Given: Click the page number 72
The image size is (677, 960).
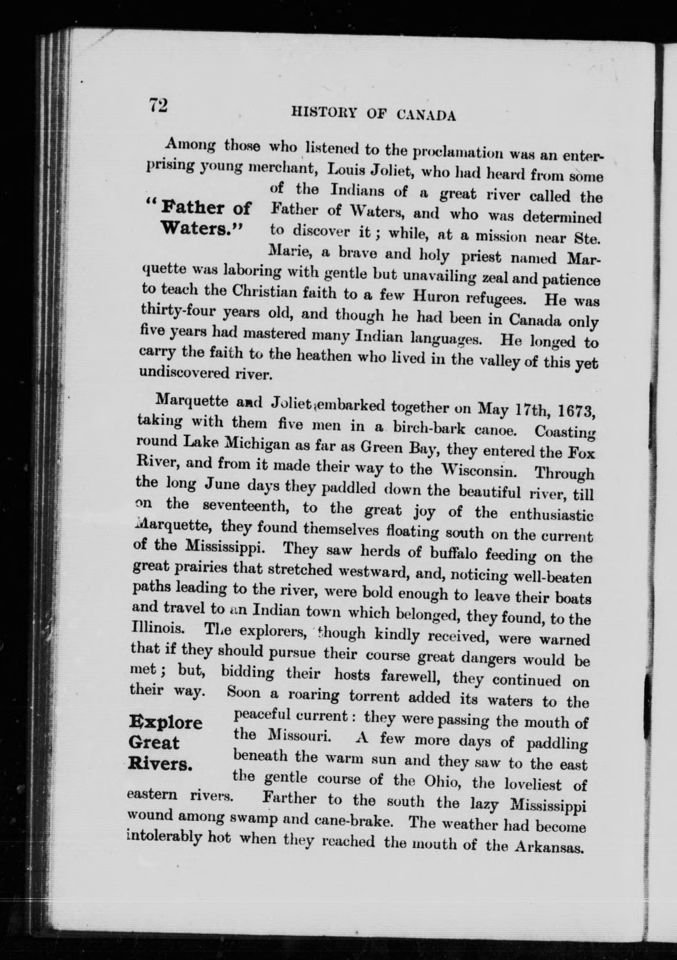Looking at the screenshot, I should click(158, 105).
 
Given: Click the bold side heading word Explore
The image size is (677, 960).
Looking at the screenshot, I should click(166, 722).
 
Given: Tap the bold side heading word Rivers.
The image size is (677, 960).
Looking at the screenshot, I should click(160, 764).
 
